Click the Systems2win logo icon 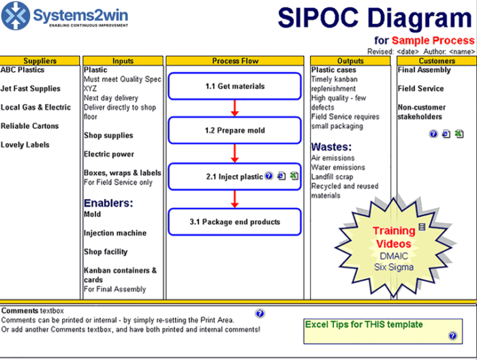[x=16, y=16]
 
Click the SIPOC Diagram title [x=374, y=17]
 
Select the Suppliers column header [x=40, y=61]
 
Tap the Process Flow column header [x=235, y=61]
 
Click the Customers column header [x=437, y=61]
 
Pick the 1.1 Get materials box [x=235, y=87]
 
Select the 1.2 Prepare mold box [x=235, y=130]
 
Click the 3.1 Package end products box [x=235, y=222]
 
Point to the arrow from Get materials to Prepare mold [x=235, y=108]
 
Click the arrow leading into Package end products [x=235, y=199]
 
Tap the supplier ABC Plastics [x=22, y=70]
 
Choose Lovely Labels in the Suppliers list [x=25, y=145]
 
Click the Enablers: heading [x=108, y=202]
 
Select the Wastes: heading [x=331, y=147]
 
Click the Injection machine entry [x=114, y=233]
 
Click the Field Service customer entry [x=420, y=89]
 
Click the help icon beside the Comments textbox [x=260, y=314]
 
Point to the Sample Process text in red [x=433, y=41]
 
